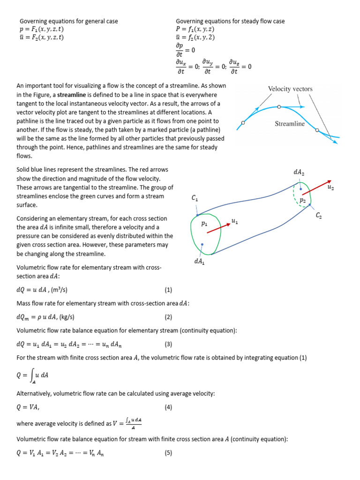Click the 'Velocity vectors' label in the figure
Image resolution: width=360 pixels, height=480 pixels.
click(290, 89)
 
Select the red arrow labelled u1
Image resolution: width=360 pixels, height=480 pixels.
click(218, 227)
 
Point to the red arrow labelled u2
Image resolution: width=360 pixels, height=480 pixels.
click(316, 187)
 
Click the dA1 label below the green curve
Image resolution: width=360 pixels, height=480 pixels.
click(199, 262)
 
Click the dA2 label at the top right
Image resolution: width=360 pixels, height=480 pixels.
click(299, 172)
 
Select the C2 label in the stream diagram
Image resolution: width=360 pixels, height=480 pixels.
click(319, 215)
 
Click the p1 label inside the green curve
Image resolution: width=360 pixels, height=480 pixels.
click(204, 224)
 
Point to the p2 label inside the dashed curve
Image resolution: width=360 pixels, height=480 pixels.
click(303, 200)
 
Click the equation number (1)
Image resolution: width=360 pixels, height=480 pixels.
click(169, 290)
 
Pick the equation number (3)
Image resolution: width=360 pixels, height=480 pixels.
click(169, 344)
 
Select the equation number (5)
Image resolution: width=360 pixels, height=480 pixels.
click(169, 453)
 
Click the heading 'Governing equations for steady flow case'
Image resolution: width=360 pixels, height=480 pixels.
click(230, 21)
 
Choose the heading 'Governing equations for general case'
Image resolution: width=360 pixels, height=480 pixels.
click(68, 21)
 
